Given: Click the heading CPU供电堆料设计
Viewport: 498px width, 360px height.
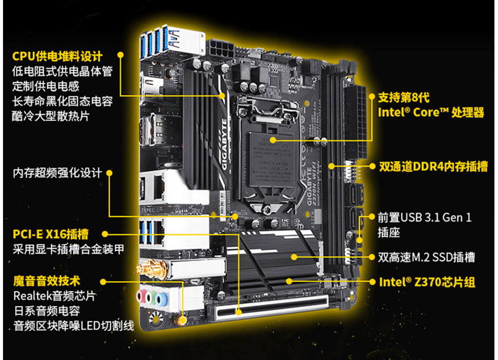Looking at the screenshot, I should [58, 56].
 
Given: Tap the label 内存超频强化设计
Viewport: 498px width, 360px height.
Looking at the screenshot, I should [57, 173].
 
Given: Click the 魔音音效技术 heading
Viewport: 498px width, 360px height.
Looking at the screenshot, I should [47, 282].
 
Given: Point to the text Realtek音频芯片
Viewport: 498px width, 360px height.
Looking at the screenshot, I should [54, 296].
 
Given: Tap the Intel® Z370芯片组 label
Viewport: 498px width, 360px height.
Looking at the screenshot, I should [427, 282].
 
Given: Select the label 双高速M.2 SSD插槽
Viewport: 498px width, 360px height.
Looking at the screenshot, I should [426, 257].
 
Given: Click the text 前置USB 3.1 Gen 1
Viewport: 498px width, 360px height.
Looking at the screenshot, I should [425, 217].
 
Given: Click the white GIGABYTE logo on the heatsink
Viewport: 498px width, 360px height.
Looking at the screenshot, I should [224, 144].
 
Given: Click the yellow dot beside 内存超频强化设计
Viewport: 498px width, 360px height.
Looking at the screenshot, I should [109, 173].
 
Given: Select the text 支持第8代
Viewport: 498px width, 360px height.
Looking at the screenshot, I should [404, 97].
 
